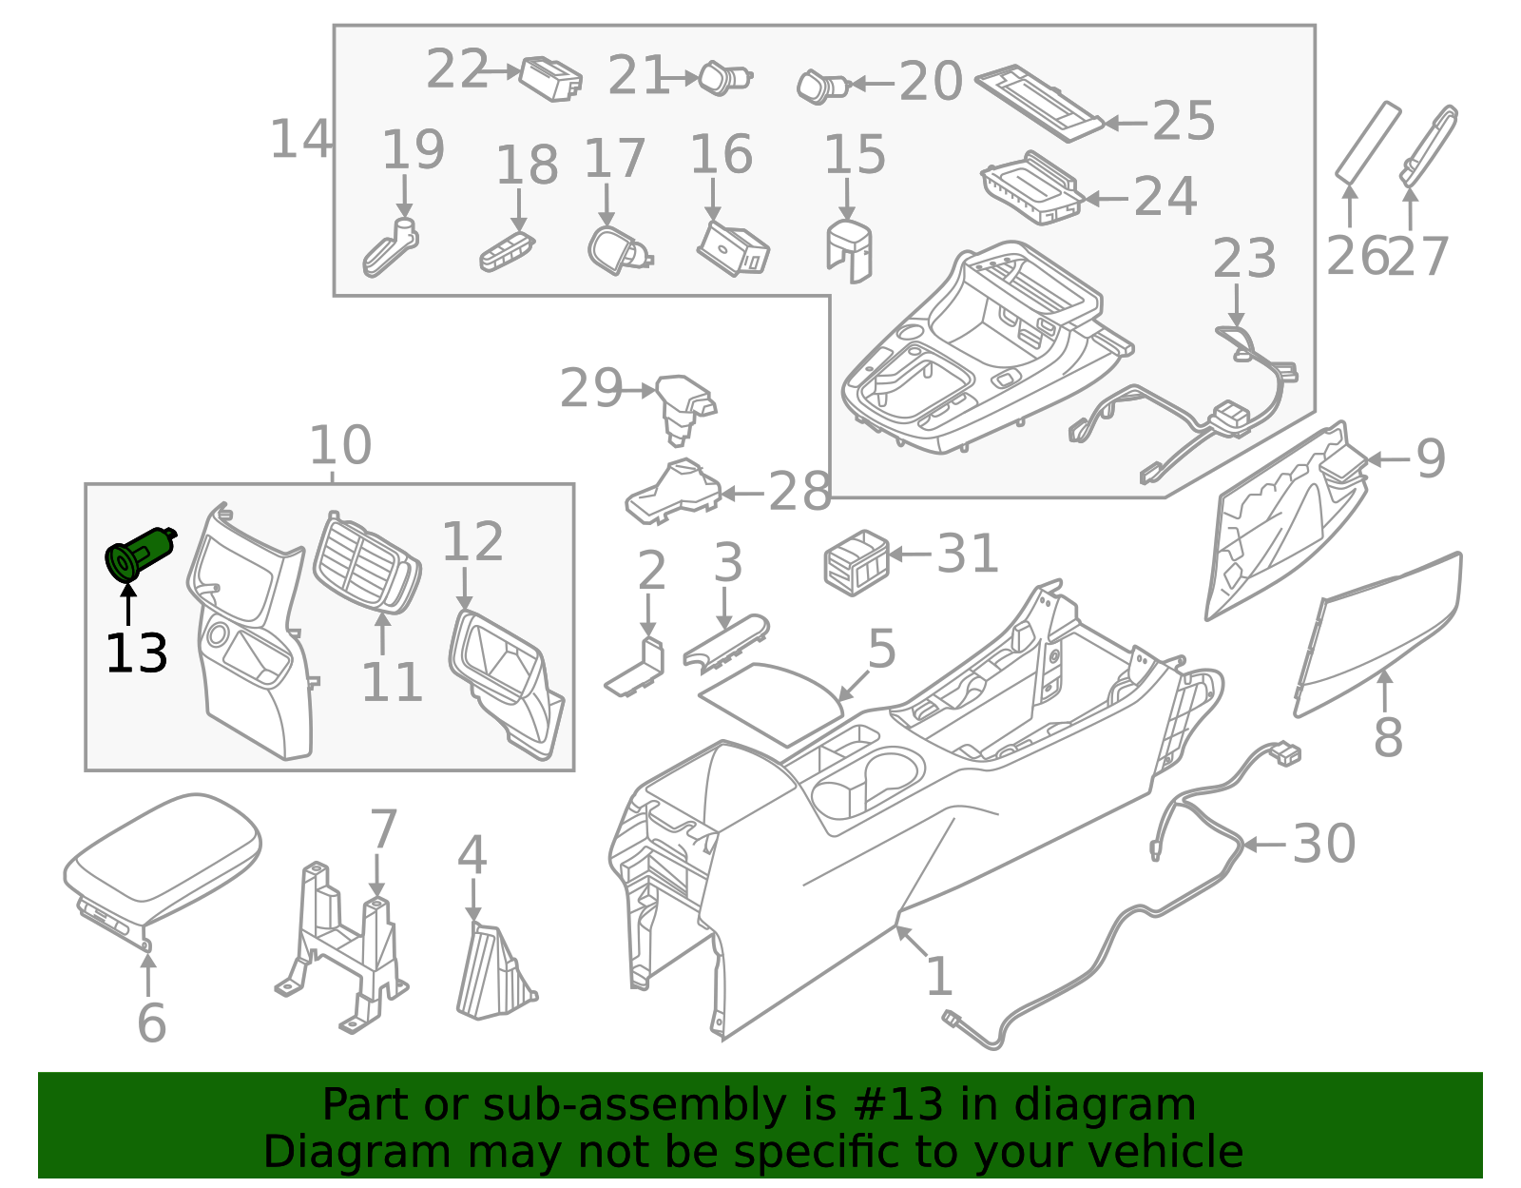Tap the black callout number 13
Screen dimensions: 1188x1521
(136, 654)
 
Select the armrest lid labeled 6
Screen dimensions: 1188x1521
(162, 861)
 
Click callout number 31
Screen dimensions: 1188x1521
(968, 554)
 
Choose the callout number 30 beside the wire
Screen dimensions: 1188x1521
(1323, 844)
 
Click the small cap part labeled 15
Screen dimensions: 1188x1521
(849, 250)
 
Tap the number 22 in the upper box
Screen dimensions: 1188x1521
(457, 70)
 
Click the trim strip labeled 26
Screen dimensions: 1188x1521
(1368, 142)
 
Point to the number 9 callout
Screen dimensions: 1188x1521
(1431, 459)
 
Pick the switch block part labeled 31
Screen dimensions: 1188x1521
(856, 562)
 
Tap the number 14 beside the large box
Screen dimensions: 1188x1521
(300, 140)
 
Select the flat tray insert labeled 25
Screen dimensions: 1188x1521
(1041, 103)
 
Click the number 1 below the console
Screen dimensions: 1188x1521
(939, 977)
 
